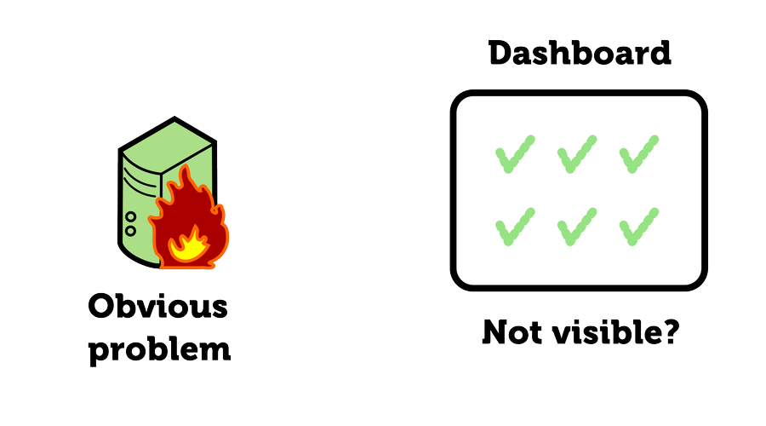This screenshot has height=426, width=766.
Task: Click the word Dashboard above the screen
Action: (x=580, y=55)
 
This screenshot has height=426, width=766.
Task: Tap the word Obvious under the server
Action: (x=159, y=308)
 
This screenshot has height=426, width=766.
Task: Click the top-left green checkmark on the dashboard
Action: (x=515, y=154)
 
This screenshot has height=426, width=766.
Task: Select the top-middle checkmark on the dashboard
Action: (x=577, y=154)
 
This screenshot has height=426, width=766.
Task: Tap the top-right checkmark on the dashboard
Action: (x=639, y=154)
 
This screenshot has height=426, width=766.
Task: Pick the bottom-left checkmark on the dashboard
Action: (x=515, y=226)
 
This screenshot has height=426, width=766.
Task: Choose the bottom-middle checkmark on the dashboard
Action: (x=577, y=226)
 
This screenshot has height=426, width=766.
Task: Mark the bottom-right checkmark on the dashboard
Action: (x=639, y=226)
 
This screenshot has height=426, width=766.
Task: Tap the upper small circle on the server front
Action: (x=130, y=217)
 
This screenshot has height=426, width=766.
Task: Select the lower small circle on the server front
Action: (x=130, y=230)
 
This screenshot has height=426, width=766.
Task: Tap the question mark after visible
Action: (x=669, y=332)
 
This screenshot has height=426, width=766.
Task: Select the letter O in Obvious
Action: (x=102, y=308)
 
